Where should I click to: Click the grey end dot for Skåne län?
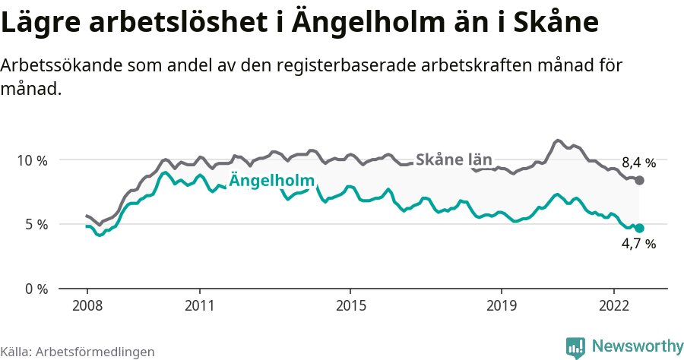click(639, 180)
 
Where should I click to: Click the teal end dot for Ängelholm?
click(639, 228)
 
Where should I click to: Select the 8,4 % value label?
click(638, 163)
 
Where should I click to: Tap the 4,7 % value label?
click(638, 244)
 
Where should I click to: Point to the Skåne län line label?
click(454, 159)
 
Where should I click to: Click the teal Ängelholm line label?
click(272, 181)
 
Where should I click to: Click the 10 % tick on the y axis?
click(32, 160)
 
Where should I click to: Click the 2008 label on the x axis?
click(87, 305)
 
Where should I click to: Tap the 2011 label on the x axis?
click(199, 305)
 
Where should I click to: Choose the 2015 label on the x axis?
click(350, 305)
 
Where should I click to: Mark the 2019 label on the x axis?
click(501, 305)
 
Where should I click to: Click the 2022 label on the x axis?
click(614, 305)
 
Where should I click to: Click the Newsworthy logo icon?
click(575, 347)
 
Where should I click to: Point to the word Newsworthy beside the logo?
click(637, 346)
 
